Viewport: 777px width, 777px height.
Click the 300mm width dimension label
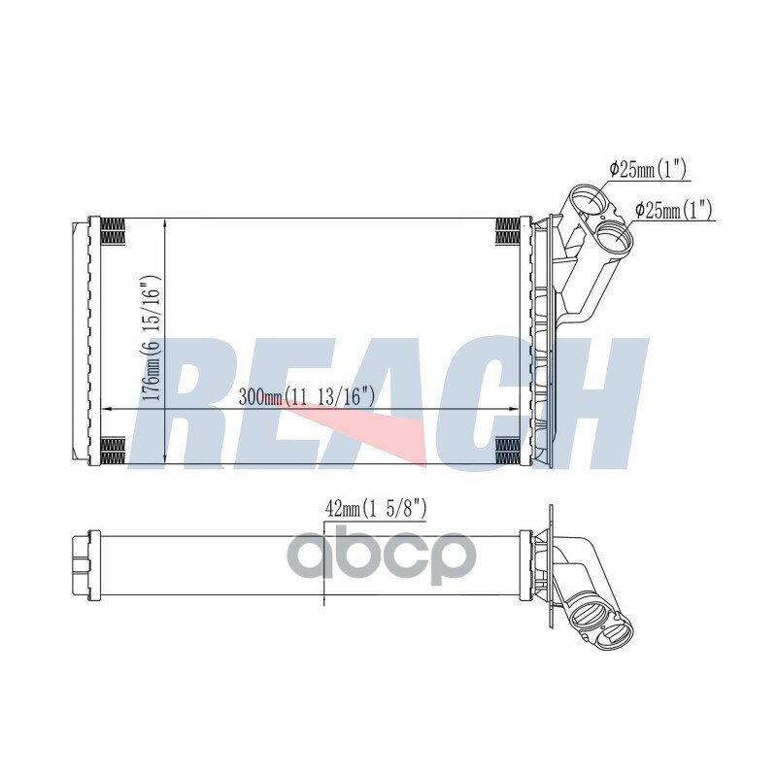pos(306,397)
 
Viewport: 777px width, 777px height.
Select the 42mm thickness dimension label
pos(376,509)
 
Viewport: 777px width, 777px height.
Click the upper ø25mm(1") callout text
pos(647,170)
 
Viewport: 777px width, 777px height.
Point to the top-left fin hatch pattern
pos(113,231)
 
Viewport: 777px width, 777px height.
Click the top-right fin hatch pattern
pos(508,231)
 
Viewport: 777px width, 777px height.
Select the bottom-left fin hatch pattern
pos(113,450)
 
